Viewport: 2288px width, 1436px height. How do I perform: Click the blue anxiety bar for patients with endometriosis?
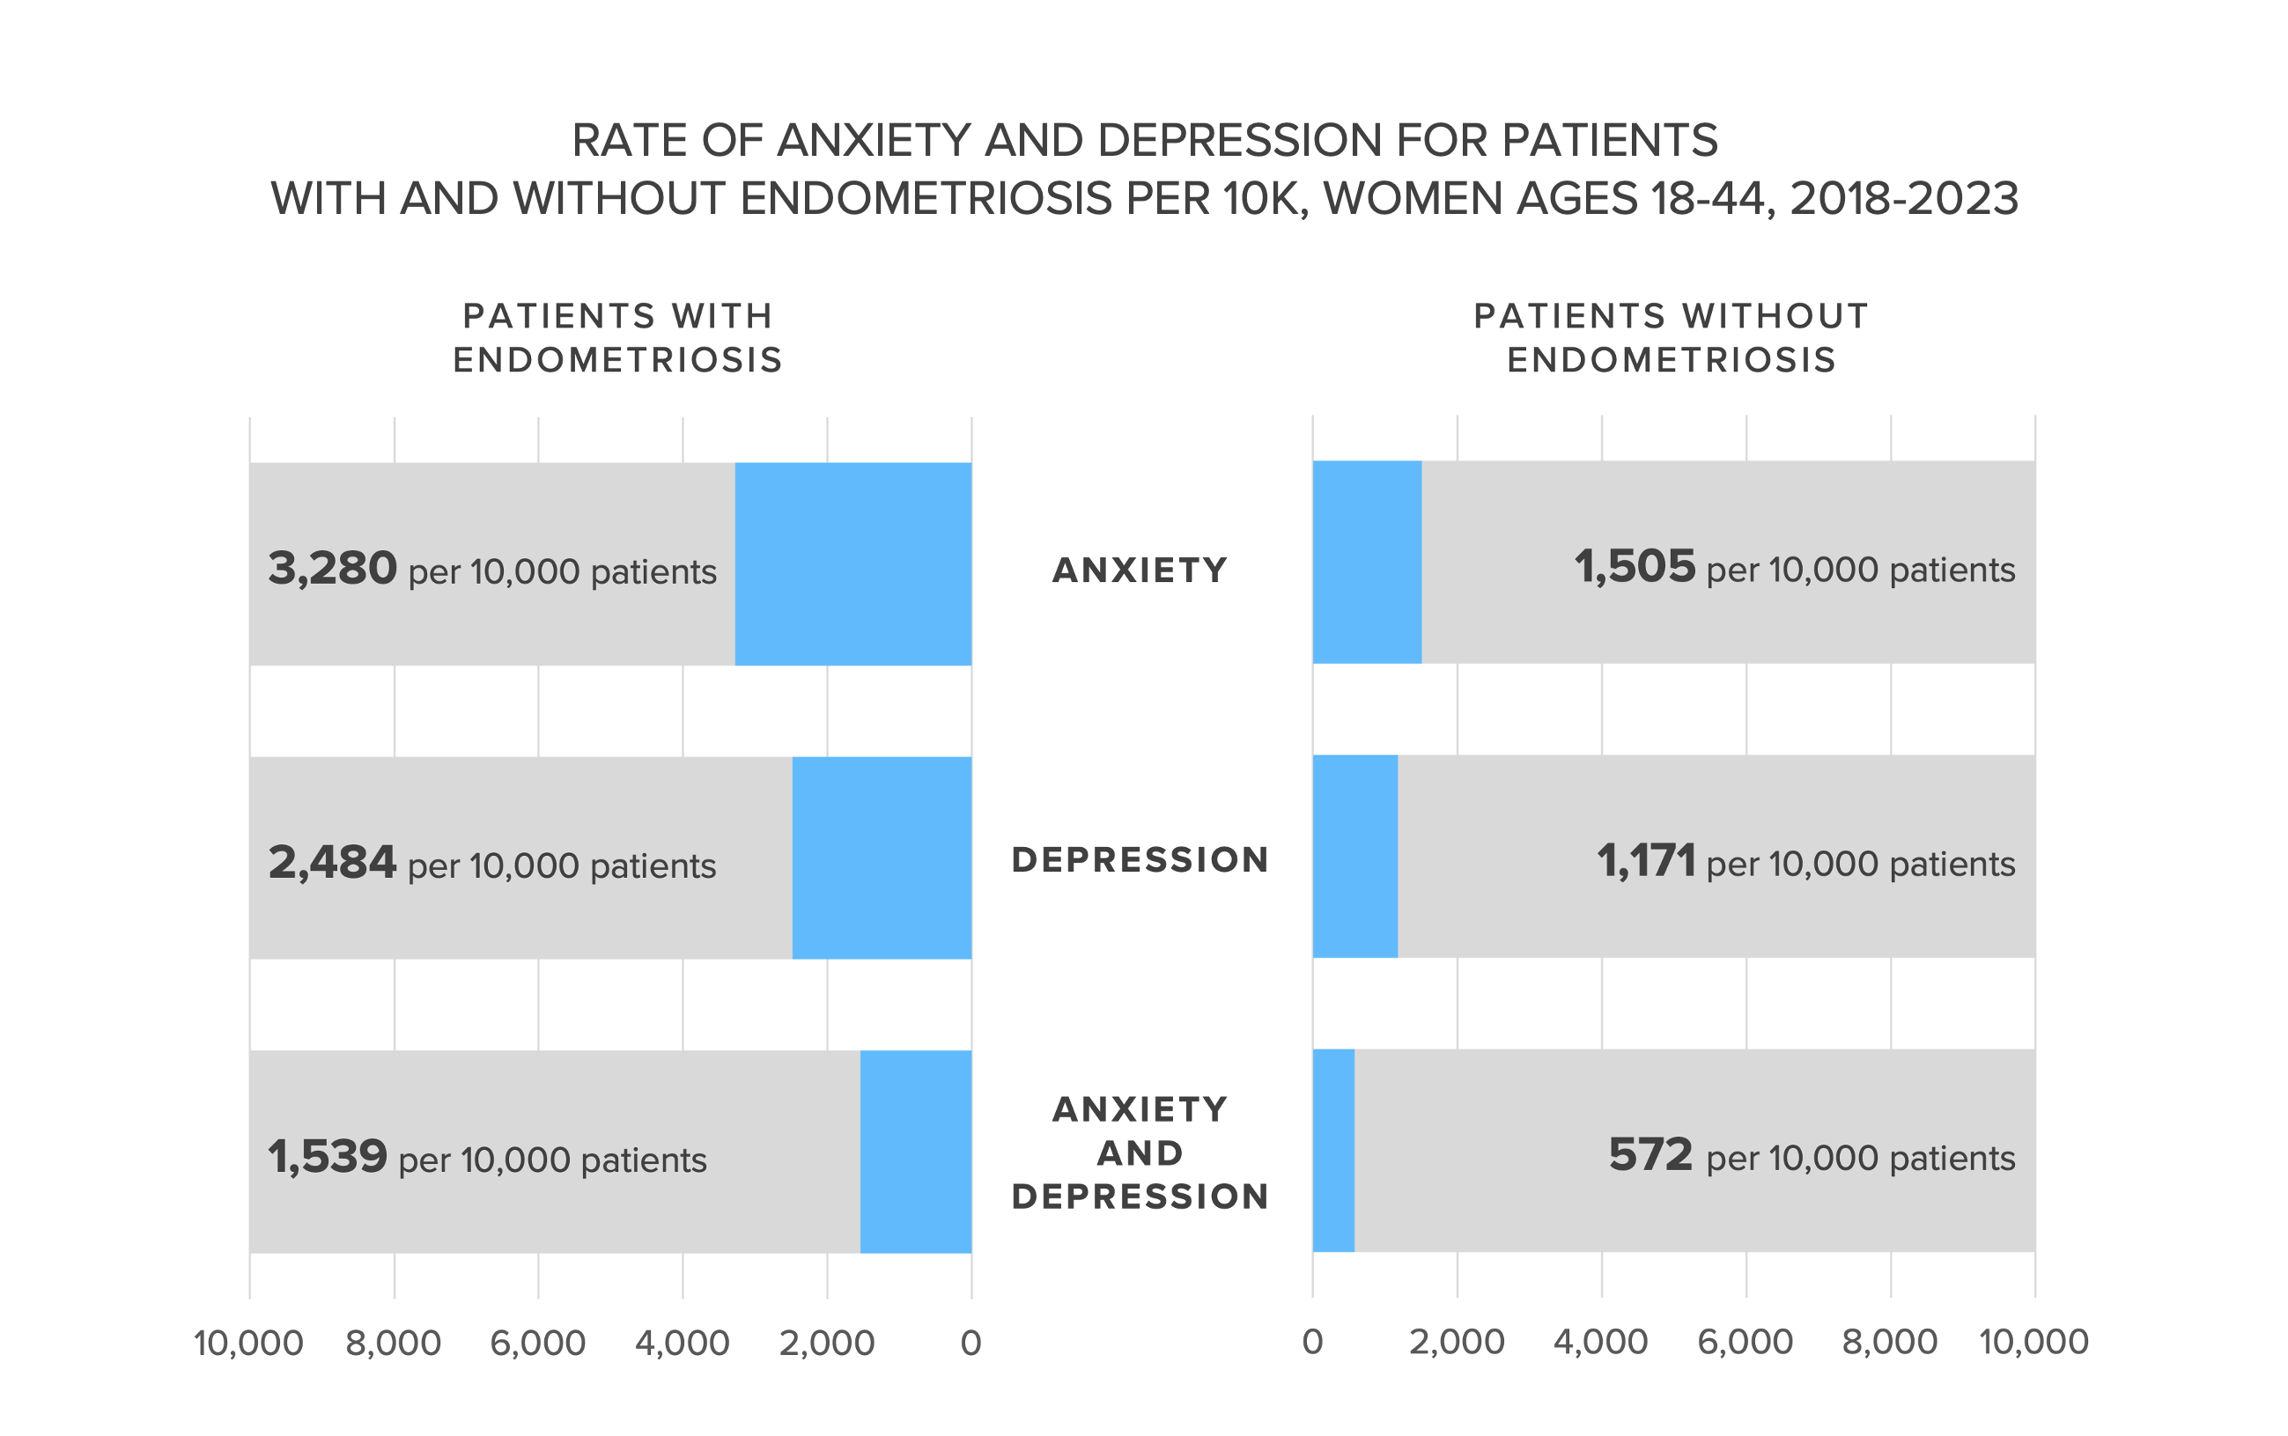point(852,563)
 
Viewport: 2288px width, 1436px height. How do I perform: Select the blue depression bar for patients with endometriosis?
point(881,858)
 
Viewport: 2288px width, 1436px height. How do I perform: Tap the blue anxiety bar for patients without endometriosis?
point(1366,562)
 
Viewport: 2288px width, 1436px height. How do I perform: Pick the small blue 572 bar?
point(1332,1150)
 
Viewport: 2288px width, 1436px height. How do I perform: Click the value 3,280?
point(331,568)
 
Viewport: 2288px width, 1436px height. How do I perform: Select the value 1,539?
point(327,1157)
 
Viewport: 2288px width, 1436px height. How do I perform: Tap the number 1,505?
point(1634,566)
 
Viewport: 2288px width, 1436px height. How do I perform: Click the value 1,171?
point(1645,860)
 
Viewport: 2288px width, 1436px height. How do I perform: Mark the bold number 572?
point(1650,1155)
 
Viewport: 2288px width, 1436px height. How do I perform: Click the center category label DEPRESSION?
point(1140,859)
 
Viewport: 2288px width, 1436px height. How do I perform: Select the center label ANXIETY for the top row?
point(1140,570)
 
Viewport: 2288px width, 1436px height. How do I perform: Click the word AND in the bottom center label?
point(1140,1153)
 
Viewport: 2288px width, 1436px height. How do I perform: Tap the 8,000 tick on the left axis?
point(393,1343)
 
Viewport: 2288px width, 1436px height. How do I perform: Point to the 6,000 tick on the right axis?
point(1745,1341)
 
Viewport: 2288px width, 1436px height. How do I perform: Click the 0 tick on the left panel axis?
point(970,1343)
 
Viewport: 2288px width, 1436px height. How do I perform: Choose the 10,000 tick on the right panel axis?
point(2033,1341)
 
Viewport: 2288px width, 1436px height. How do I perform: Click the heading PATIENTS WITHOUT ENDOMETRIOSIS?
point(1671,337)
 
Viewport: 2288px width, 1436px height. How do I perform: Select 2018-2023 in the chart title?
point(1903,198)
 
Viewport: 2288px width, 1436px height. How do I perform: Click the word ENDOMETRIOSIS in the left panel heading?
point(617,360)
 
